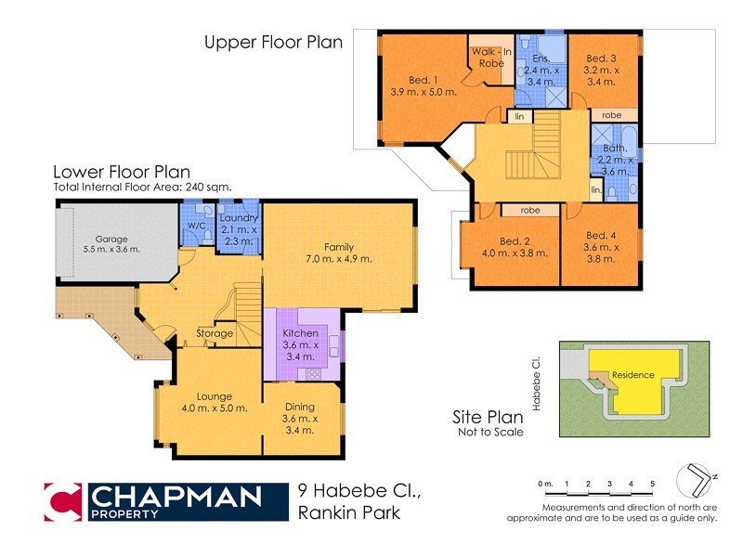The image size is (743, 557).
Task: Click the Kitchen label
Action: click(301, 332)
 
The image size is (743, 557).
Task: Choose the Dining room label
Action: click(298, 406)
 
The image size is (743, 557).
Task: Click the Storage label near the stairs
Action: click(215, 333)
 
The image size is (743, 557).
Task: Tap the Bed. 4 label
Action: click(600, 235)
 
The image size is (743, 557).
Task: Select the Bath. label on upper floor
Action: click(615, 148)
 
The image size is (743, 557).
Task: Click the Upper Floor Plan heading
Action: click(274, 42)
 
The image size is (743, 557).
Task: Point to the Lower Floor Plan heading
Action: click(122, 172)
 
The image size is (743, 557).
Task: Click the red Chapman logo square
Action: click(64, 502)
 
